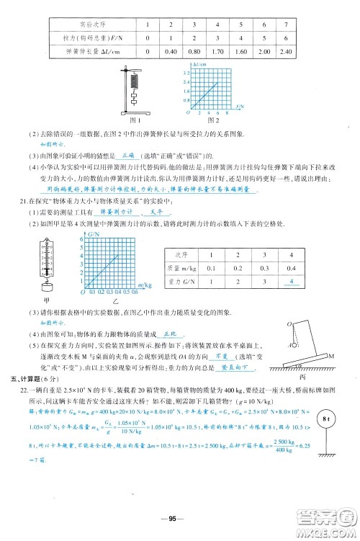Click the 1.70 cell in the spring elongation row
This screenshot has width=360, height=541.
tap(217, 51)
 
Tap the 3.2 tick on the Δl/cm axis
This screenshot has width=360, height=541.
tap(184, 73)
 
